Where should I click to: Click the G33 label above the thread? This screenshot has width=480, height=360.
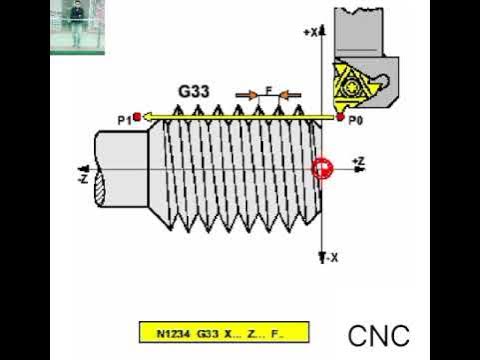coord(193,91)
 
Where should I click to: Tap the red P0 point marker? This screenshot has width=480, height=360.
coord(341,118)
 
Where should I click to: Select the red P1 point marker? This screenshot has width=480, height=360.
coord(136,118)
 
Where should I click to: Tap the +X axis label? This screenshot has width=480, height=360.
coord(310,33)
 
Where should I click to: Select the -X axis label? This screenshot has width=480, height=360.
coord(331,257)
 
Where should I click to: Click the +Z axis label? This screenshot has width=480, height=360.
coord(358,161)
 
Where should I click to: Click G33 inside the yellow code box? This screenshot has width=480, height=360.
coord(206,331)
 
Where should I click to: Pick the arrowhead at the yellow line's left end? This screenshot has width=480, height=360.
coord(146,118)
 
